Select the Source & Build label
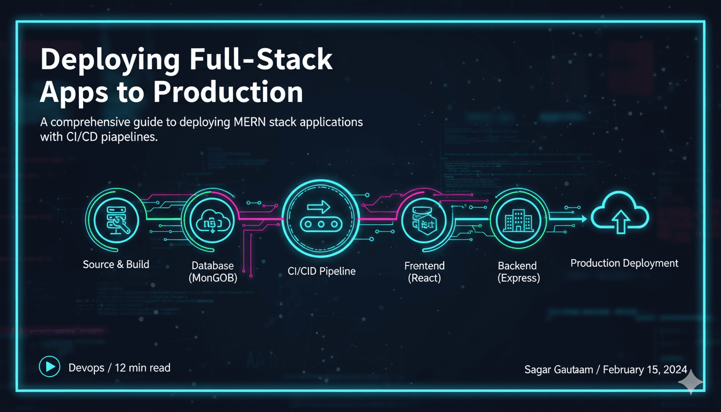click(x=116, y=264)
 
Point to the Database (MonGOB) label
click(x=213, y=271)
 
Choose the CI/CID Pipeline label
click(x=318, y=271)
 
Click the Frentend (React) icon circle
click(x=424, y=220)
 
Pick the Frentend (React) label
click(x=424, y=271)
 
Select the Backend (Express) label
click(x=519, y=271)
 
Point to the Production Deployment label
click(x=624, y=263)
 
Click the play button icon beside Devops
click(x=49, y=367)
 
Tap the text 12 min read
click(x=143, y=367)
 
